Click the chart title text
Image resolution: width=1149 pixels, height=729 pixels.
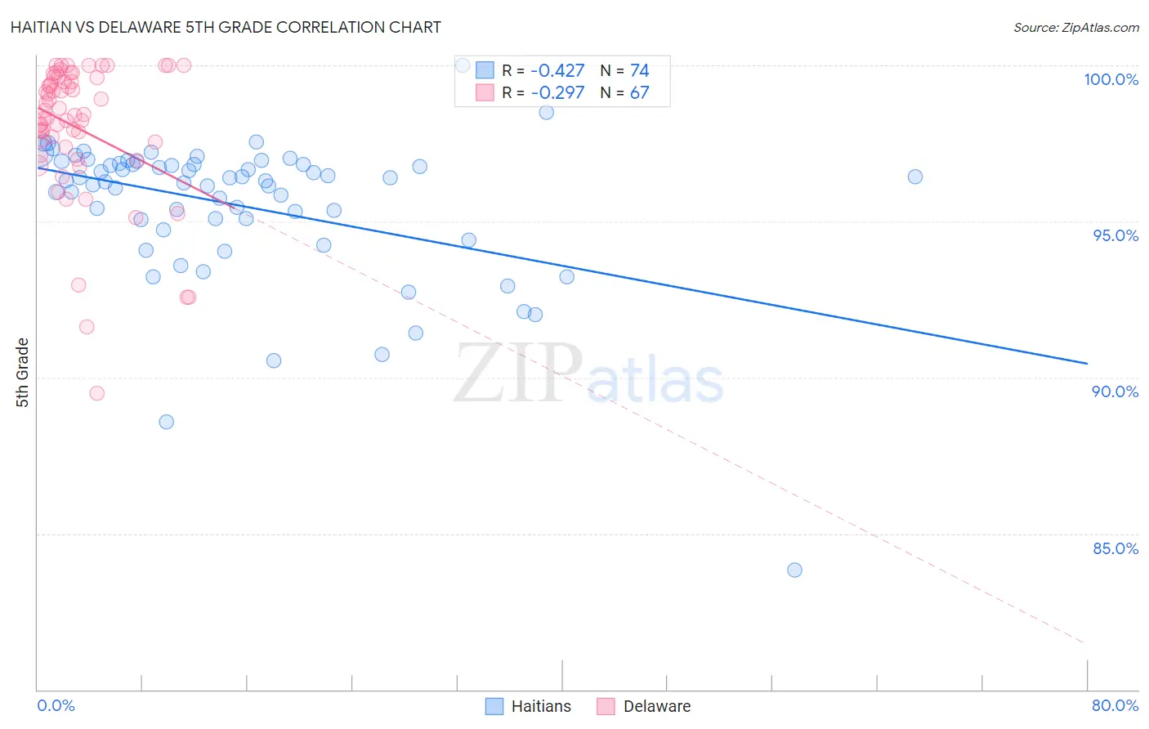click(x=226, y=27)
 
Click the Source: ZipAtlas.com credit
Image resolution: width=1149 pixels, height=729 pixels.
click(x=1075, y=27)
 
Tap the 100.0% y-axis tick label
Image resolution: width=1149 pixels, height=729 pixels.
click(x=1111, y=79)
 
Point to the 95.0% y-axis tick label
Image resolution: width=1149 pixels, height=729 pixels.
click(x=1115, y=235)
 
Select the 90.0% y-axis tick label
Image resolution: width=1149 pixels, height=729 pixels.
click(x=1115, y=391)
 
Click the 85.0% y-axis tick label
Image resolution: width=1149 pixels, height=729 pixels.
click(x=1115, y=548)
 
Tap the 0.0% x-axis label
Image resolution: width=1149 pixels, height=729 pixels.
click(x=56, y=705)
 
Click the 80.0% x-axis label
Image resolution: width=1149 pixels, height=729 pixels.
click(x=1115, y=705)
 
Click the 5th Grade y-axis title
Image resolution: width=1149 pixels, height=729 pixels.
click(x=22, y=373)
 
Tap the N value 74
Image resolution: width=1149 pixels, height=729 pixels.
click(x=639, y=70)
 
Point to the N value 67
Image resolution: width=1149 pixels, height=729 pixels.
click(x=639, y=92)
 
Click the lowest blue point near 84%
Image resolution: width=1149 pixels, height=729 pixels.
click(x=794, y=570)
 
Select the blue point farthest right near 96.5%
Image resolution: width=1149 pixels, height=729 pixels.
click(x=915, y=177)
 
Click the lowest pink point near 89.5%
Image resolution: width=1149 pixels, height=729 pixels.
click(x=96, y=393)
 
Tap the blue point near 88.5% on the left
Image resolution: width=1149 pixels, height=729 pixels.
click(x=166, y=422)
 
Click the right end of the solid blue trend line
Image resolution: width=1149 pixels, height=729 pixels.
click(x=1087, y=363)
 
